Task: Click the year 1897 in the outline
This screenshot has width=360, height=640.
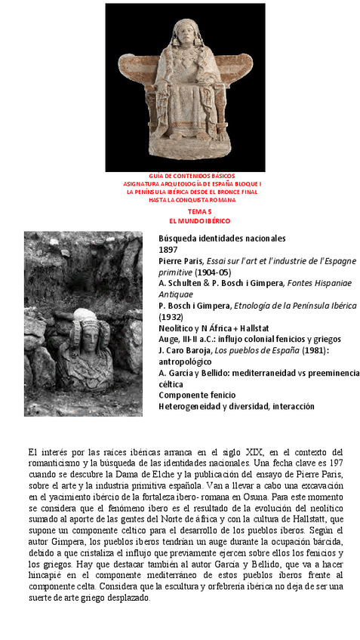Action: tap(167, 249)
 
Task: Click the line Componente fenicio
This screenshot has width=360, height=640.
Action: tap(197, 395)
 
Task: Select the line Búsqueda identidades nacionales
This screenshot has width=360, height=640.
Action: tap(222, 238)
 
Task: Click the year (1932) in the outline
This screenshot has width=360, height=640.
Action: tap(171, 316)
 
